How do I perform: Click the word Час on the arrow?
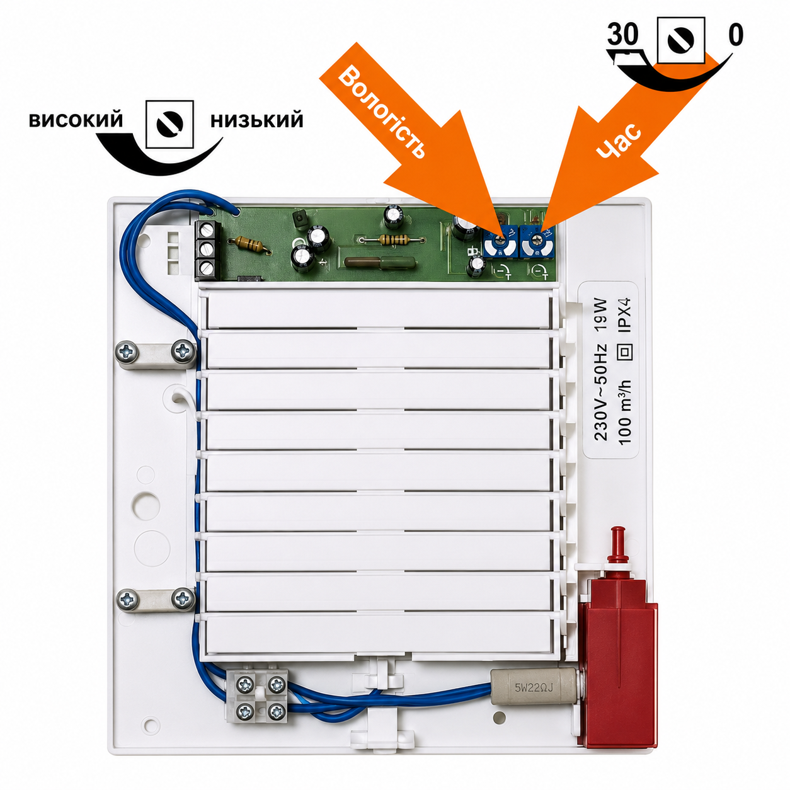619,140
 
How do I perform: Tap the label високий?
76,121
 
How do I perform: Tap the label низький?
256,121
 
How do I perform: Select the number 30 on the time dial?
622,35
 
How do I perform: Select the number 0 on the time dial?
735,35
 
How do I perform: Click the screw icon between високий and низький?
169,124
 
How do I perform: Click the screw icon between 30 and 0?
680,40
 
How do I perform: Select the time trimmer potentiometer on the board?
536,242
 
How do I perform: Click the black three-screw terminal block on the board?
207,251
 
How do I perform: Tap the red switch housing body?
620,648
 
